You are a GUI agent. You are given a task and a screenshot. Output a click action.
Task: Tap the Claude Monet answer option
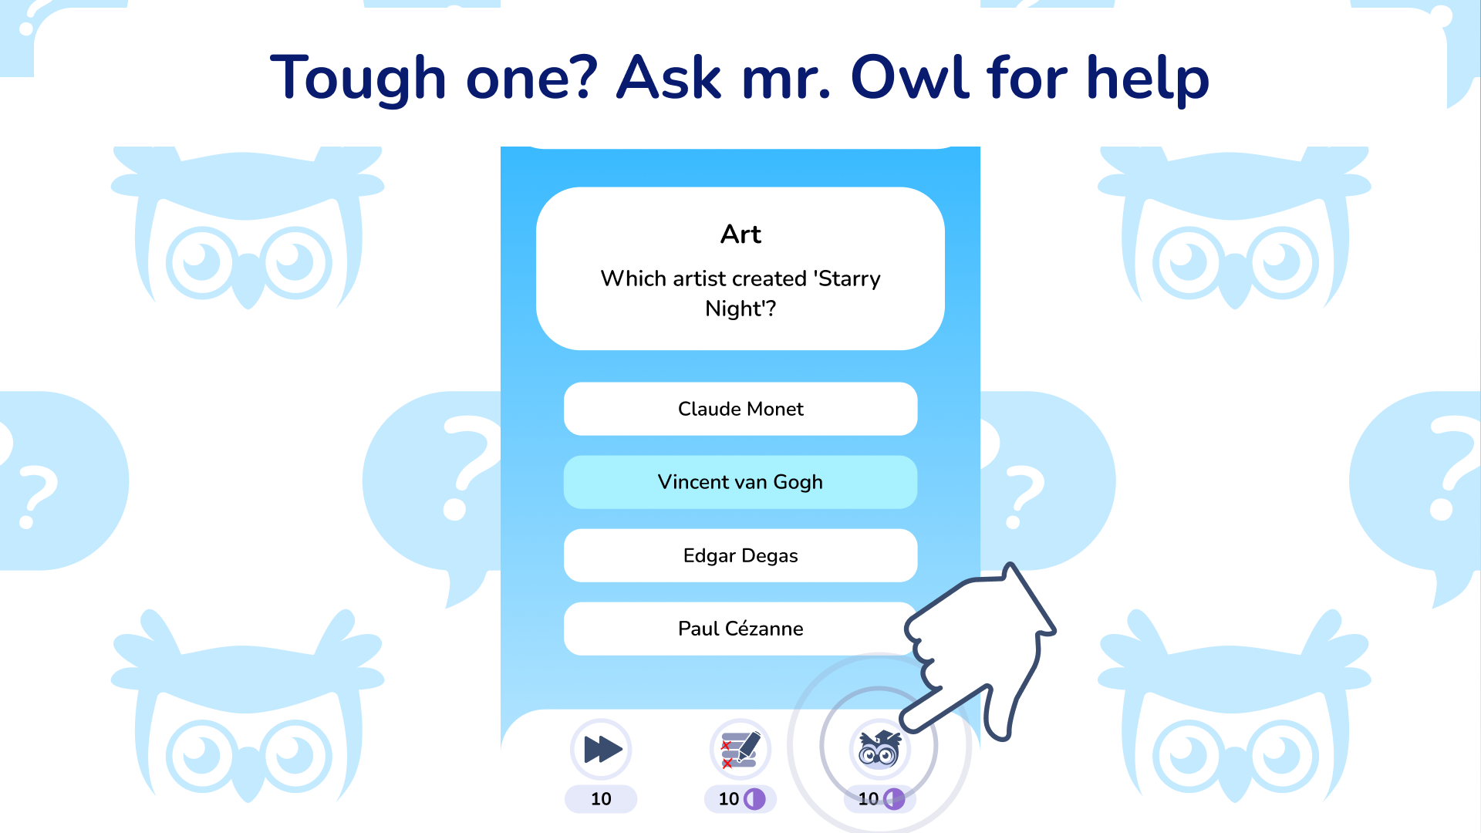pos(740,409)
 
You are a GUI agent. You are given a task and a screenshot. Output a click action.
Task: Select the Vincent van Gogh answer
pos(740,482)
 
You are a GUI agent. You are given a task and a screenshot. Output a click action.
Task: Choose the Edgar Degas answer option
pos(740,555)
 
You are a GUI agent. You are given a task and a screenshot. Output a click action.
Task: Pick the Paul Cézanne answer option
pos(740,629)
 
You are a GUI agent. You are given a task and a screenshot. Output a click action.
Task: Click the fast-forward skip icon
pos(602,749)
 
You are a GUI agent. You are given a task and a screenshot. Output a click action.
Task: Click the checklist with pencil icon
pos(740,749)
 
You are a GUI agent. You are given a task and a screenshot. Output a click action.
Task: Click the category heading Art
pos(740,234)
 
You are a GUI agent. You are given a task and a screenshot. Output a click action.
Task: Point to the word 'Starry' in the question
pos(849,279)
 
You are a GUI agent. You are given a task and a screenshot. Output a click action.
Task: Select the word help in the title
pos(1148,79)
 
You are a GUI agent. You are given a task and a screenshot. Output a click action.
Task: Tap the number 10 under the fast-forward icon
pos(601,799)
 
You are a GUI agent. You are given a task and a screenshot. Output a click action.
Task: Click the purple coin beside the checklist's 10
pos(755,799)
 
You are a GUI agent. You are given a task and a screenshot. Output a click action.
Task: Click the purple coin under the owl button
pos(895,799)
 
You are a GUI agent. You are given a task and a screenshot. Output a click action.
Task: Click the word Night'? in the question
pos(740,309)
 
